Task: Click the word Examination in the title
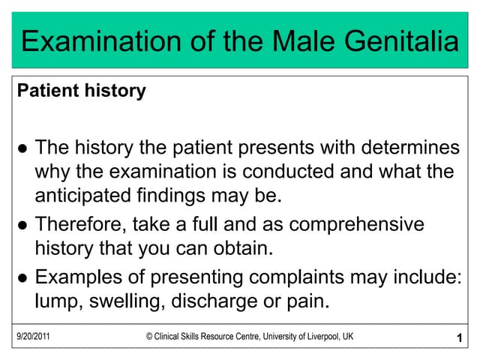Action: click(101, 40)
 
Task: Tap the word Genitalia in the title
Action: click(402, 40)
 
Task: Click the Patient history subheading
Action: click(82, 91)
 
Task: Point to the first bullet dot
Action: click(22, 148)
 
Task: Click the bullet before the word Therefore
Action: click(22, 226)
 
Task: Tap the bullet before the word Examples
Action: click(22, 278)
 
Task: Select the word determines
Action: click(410, 147)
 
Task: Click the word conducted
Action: click(288, 171)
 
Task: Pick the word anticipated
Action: click(82, 196)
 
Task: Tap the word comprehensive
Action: click(357, 224)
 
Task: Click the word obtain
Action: click(243, 248)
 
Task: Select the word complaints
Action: click(296, 277)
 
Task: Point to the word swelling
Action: click(125, 301)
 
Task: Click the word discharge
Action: click(214, 301)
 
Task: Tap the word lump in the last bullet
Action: click(58, 301)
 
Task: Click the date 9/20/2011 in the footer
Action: click(33, 337)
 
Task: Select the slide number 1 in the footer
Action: click(459, 338)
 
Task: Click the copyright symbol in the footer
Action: click(149, 337)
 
